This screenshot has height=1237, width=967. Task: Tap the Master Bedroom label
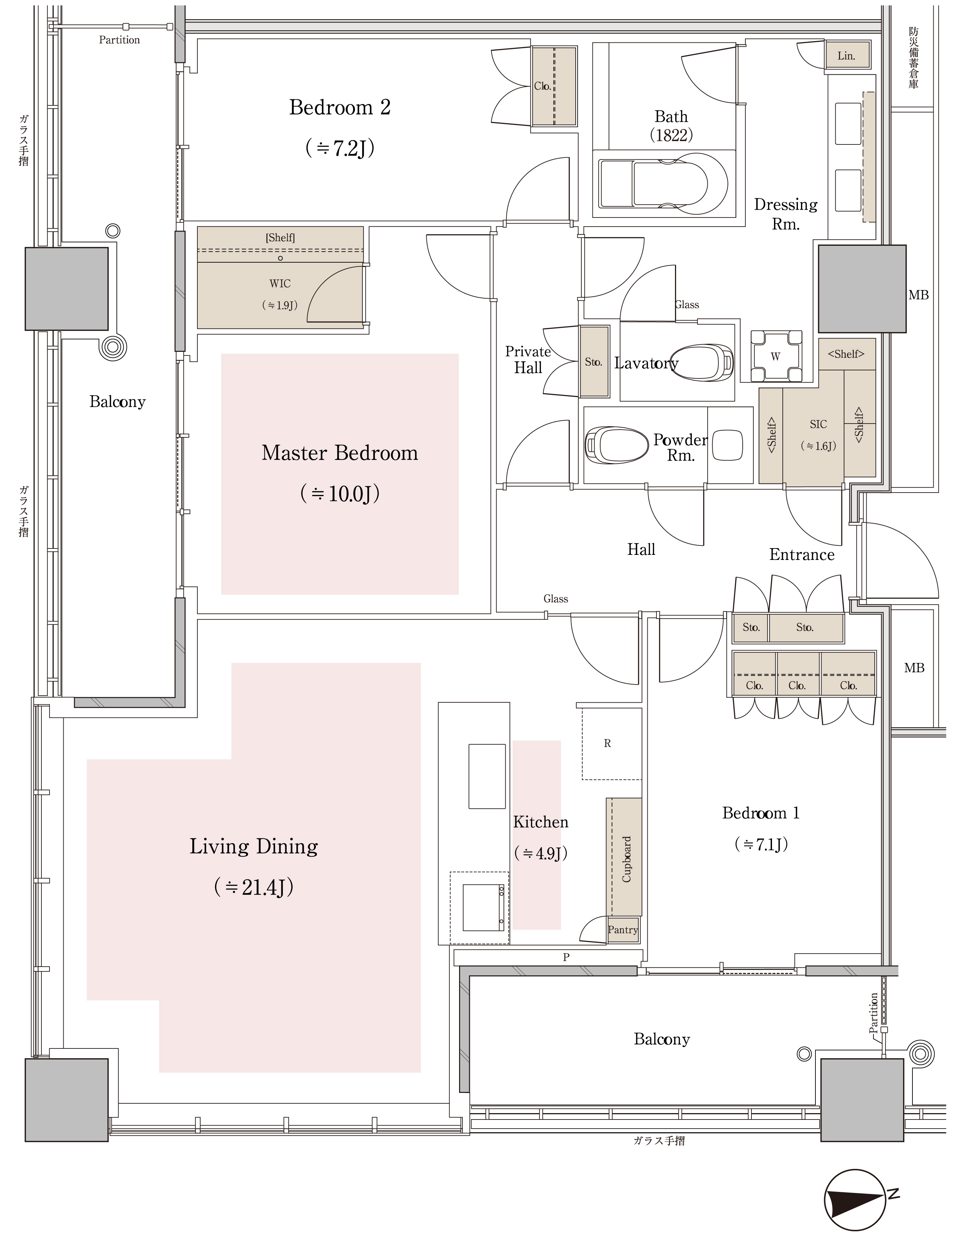[x=340, y=453]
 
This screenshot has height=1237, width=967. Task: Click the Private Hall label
[x=528, y=360]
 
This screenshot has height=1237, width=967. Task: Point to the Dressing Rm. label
[x=786, y=213]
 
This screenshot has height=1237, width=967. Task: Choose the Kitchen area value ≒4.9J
[x=541, y=854]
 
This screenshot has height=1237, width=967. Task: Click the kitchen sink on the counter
[x=487, y=776]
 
